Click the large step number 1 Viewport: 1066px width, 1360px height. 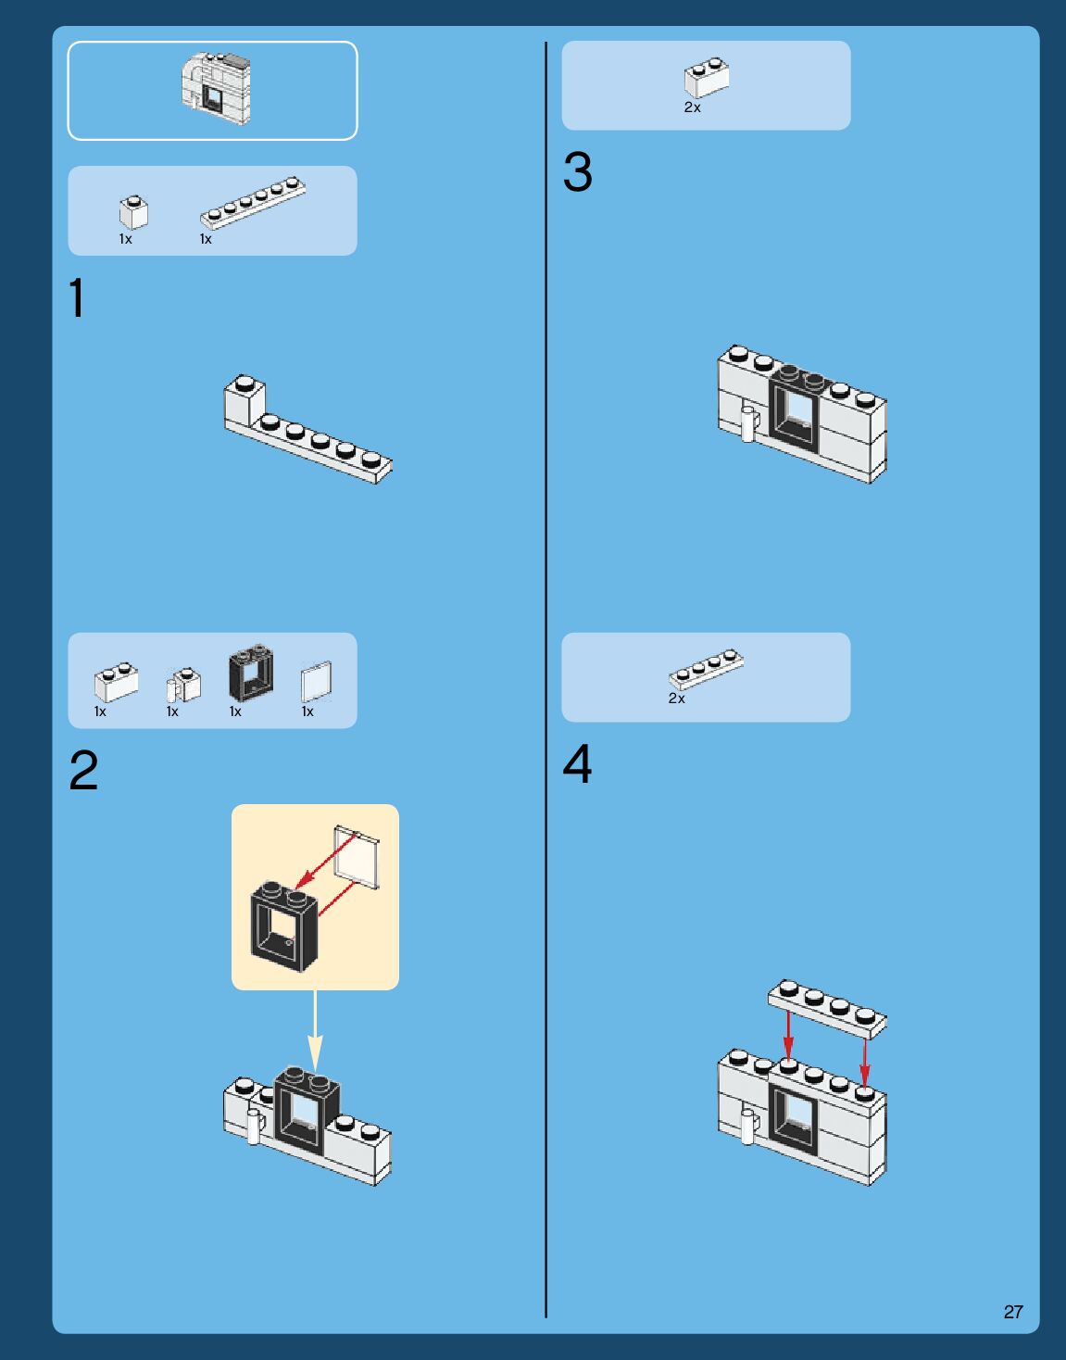pos(77,298)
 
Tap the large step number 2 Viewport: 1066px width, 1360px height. pos(83,771)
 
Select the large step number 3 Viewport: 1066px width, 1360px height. pos(577,172)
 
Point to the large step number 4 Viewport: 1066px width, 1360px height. pos(577,764)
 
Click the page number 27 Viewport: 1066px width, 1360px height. pos(1013,1312)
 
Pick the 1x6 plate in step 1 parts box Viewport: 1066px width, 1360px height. pos(253,202)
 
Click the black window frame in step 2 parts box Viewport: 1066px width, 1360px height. pos(251,674)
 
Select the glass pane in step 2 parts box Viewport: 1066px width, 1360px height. pos(317,683)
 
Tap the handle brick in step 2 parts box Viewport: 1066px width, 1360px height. pos(183,685)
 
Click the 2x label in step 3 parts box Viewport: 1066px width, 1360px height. pos(692,107)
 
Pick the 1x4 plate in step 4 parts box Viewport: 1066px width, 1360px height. pos(707,668)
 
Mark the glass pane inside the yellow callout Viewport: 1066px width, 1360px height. pos(357,858)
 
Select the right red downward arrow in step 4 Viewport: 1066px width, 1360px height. pos(865,1060)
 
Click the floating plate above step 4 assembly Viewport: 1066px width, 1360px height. pos(827,1007)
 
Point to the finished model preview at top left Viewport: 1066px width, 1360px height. pos(216,90)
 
